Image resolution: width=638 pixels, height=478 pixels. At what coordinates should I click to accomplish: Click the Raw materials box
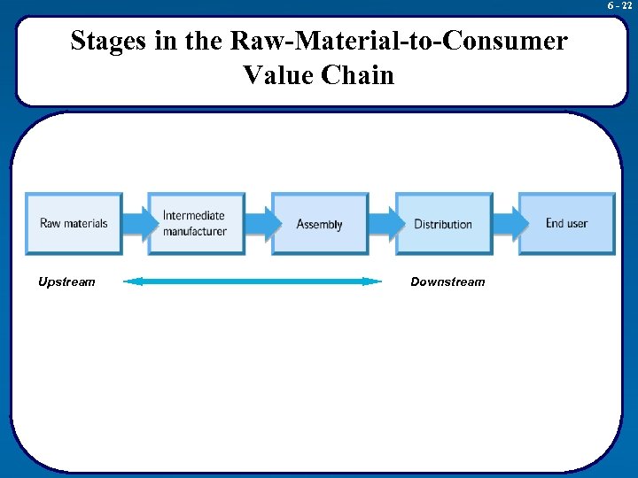(x=74, y=224)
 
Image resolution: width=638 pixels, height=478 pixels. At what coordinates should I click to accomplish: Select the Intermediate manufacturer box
(x=196, y=224)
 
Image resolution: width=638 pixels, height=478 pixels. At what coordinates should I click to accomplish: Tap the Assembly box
(x=320, y=224)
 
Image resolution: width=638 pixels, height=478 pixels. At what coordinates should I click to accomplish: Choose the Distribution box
(x=443, y=224)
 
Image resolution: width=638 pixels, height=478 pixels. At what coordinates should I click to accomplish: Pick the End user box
(x=566, y=224)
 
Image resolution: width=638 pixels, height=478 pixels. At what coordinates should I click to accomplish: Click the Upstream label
(x=66, y=281)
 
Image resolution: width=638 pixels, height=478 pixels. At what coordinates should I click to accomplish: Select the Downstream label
(x=447, y=281)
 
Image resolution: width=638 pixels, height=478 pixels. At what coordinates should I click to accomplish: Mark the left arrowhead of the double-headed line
(x=131, y=281)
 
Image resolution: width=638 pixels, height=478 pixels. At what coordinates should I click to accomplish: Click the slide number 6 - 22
(x=619, y=5)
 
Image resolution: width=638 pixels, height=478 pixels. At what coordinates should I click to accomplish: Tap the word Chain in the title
(x=358, y=74)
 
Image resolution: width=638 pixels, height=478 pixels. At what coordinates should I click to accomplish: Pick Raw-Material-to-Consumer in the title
(x=407, y=42)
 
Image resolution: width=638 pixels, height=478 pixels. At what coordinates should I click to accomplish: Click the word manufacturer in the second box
(x=195, y=232)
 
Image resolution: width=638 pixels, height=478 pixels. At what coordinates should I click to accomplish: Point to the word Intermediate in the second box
(x=194, y=216)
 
